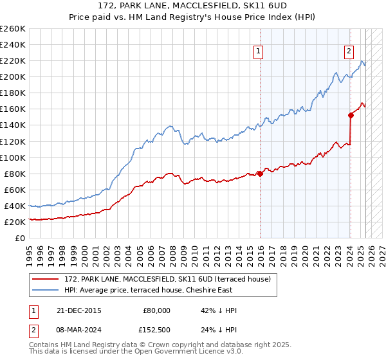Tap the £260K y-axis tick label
coord(13,29)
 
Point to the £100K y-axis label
coord(13,157)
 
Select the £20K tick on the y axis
coord(15,222)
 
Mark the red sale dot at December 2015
coord(260,174)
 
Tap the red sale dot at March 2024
coord(351,115)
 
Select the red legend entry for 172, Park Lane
coord(170,279)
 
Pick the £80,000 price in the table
coord(156,310)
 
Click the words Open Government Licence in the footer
coord(194,352)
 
